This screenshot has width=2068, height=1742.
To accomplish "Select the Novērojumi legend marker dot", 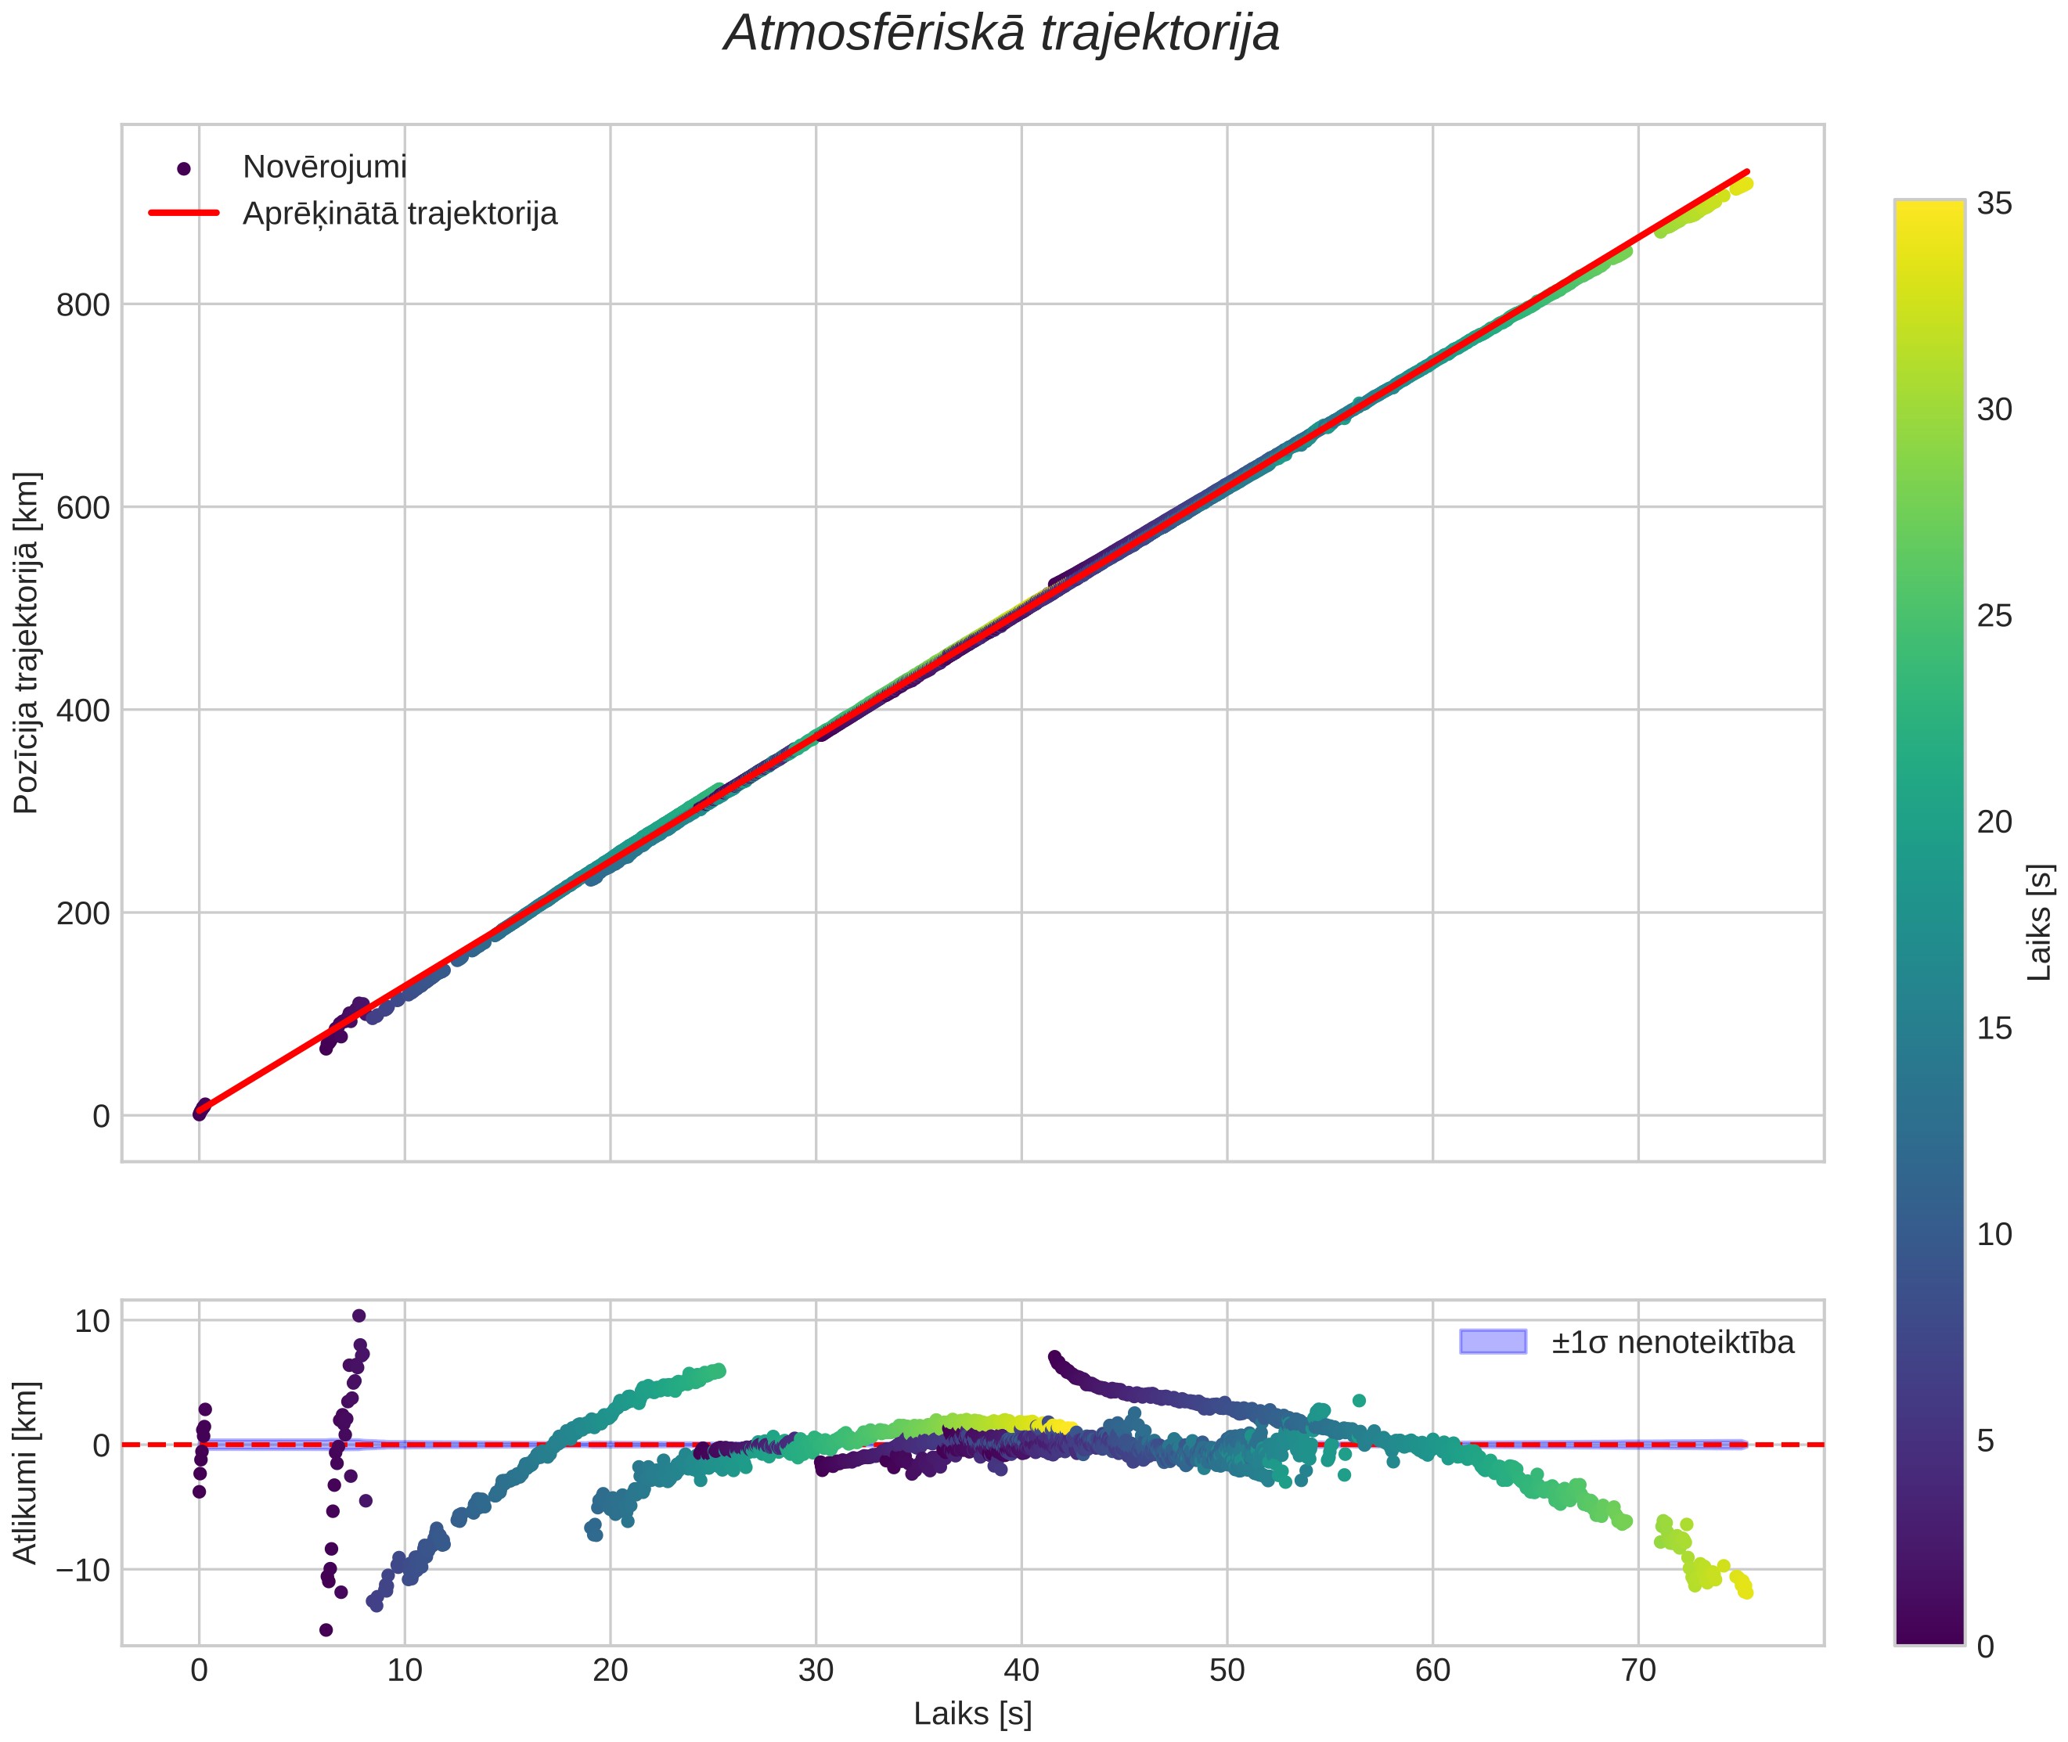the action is click(182, 169).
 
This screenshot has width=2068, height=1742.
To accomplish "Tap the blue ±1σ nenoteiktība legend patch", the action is click(1492, 1342).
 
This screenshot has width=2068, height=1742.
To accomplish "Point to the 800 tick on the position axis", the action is click(83, 305).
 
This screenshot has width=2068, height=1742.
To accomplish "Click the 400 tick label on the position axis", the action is click(83, 710).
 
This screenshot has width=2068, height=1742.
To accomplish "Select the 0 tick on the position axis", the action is click(101, 1116).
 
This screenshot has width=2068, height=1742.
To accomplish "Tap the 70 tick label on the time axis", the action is click(1638, 1671).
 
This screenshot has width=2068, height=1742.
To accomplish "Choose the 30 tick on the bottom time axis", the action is click(816, 1671).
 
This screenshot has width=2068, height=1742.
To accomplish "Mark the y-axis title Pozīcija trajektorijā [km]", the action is click(27, 643).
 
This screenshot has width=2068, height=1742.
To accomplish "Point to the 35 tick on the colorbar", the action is click(1994, 204).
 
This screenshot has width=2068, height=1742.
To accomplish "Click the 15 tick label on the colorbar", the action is click(1994, 1029).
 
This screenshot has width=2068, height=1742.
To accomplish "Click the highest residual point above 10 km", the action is click(358, 1315).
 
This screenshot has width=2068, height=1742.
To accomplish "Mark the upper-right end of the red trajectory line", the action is click(1747, 172).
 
